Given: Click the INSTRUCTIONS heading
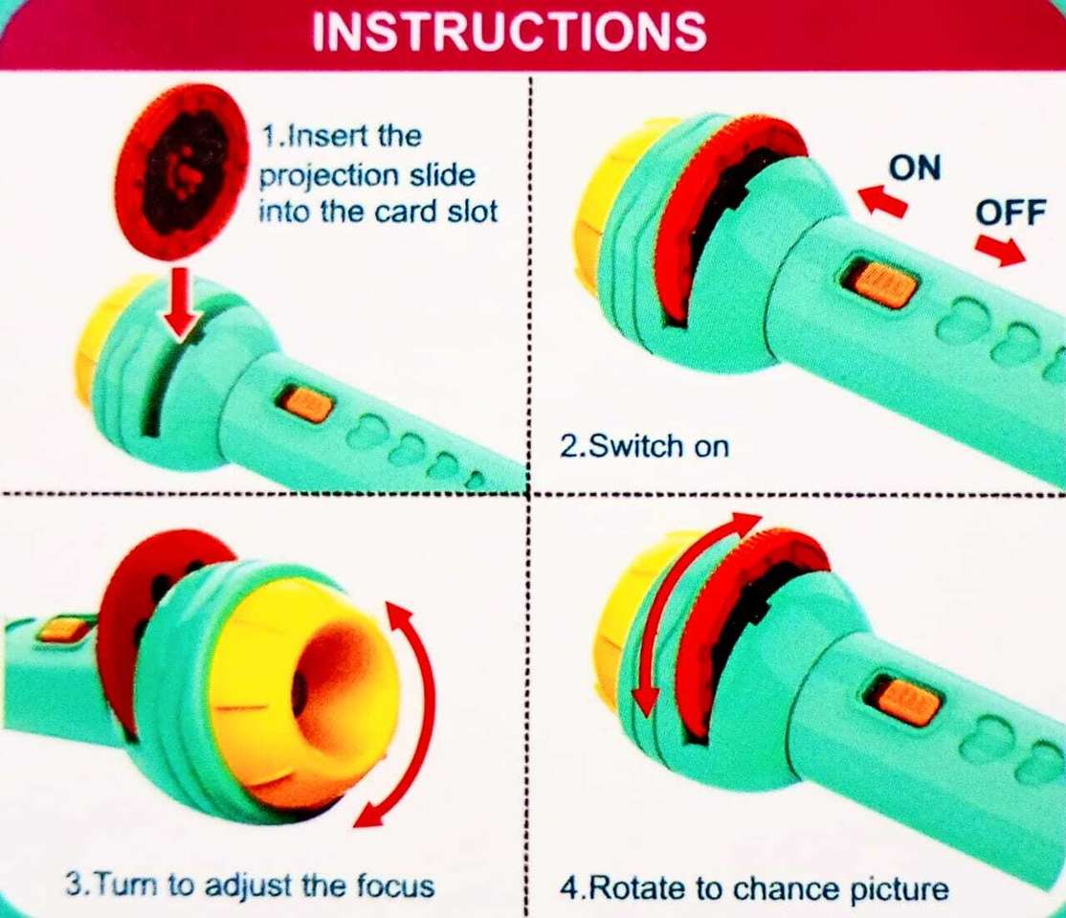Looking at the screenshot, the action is click(x=509, y=31).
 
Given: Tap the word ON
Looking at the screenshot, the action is click(x=916, y=168).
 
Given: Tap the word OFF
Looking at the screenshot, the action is click(x=1010, y=213).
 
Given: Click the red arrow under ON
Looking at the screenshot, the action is click(x=883, y=200).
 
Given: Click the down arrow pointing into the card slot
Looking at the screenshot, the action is click(x=181, y=302).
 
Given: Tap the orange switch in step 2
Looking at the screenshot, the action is click(x=879, y=283).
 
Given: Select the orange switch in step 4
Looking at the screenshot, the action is click(x=907, y=701).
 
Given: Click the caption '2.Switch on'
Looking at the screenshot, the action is click(x=644, y=447).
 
